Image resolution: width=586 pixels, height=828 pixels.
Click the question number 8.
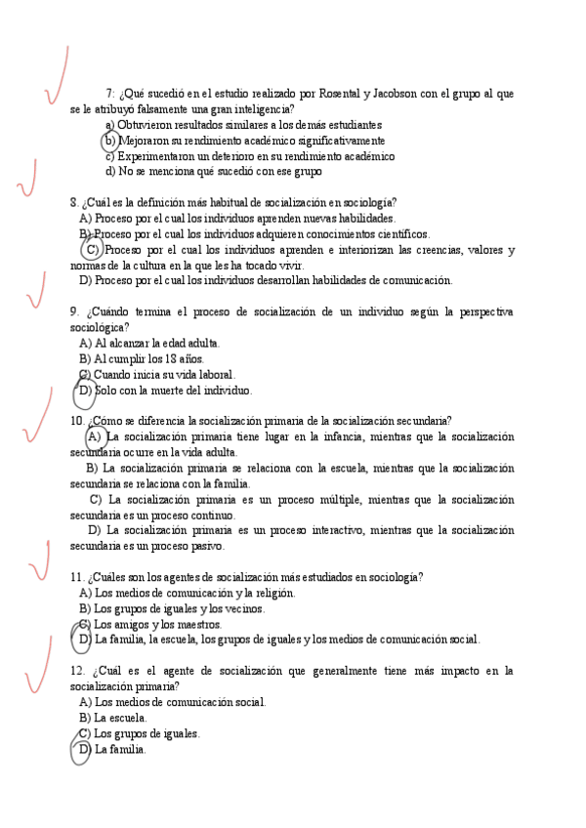point(74,203)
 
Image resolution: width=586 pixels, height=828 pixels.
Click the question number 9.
point(74,311)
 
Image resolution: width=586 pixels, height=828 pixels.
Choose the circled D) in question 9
point(85,391)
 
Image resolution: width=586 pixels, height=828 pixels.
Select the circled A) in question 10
point(96,436)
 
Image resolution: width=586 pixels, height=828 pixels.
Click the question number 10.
point(77,421)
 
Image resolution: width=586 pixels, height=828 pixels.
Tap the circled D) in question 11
point(85,640)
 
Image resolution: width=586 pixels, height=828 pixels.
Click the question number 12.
point(78,671)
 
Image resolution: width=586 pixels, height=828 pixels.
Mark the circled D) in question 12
point(85,749)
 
